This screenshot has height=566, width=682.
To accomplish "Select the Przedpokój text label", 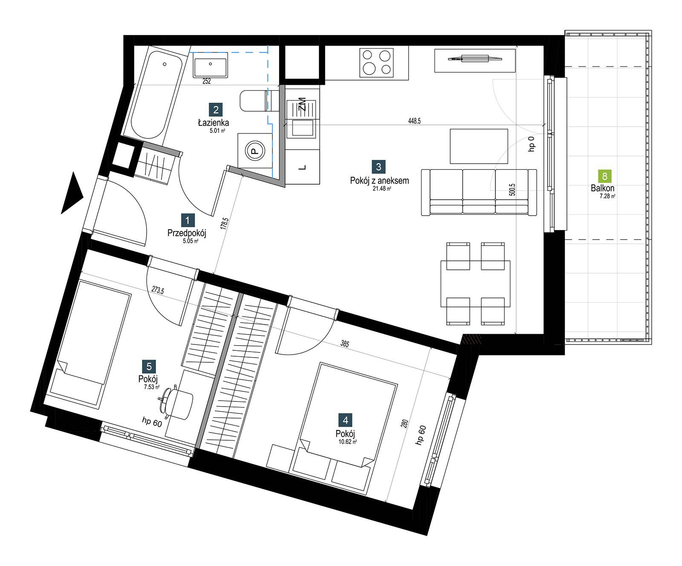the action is pyautogui.click(x=187, y=233).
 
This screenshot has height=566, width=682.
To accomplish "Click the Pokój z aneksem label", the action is pyautogui.click(x=379, y=180).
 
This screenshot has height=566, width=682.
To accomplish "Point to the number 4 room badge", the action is pyautogui.click(x=345, y=420).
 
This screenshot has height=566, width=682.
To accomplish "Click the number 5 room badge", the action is pyautogui.click(x=149, y=366).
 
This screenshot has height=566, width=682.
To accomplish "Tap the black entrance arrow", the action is pyautogui.click(x=72, y=192).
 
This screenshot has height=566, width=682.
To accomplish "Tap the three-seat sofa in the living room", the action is pyautogui.click(x=479, y=192).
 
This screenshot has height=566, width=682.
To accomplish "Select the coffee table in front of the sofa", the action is pyautogui.click(x=479, y=146).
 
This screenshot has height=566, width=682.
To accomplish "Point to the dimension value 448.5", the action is pyautogui.click(x=414, y=121).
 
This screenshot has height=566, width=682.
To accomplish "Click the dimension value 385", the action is pyautogui.click(x=345, y=343).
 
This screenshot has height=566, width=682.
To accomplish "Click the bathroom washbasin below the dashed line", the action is pyautogui.click(x=211, y=65).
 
